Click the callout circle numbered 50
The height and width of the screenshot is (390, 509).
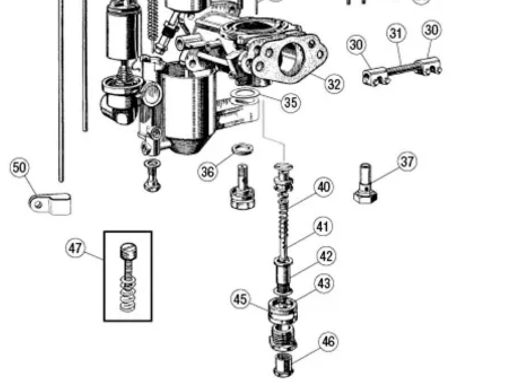click(19, 167)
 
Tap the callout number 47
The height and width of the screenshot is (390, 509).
click(76, 248)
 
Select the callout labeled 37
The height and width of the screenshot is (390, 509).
click(407, 161)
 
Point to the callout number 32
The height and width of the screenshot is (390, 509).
click(335, 84)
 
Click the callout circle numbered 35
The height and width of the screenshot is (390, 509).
click(291, 102)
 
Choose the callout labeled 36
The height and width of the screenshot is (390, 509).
click(207, 172)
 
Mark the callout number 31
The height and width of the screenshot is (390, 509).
click(396, 33)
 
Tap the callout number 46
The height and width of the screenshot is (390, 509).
click(328, 342)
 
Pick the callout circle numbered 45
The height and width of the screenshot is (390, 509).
click(240, 300)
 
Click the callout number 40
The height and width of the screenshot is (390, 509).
click(324, 187)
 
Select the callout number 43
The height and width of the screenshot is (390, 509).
click(324, 284)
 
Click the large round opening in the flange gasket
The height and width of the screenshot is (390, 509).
click(289, 57)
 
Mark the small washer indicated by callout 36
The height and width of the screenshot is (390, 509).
click(242, 148)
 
